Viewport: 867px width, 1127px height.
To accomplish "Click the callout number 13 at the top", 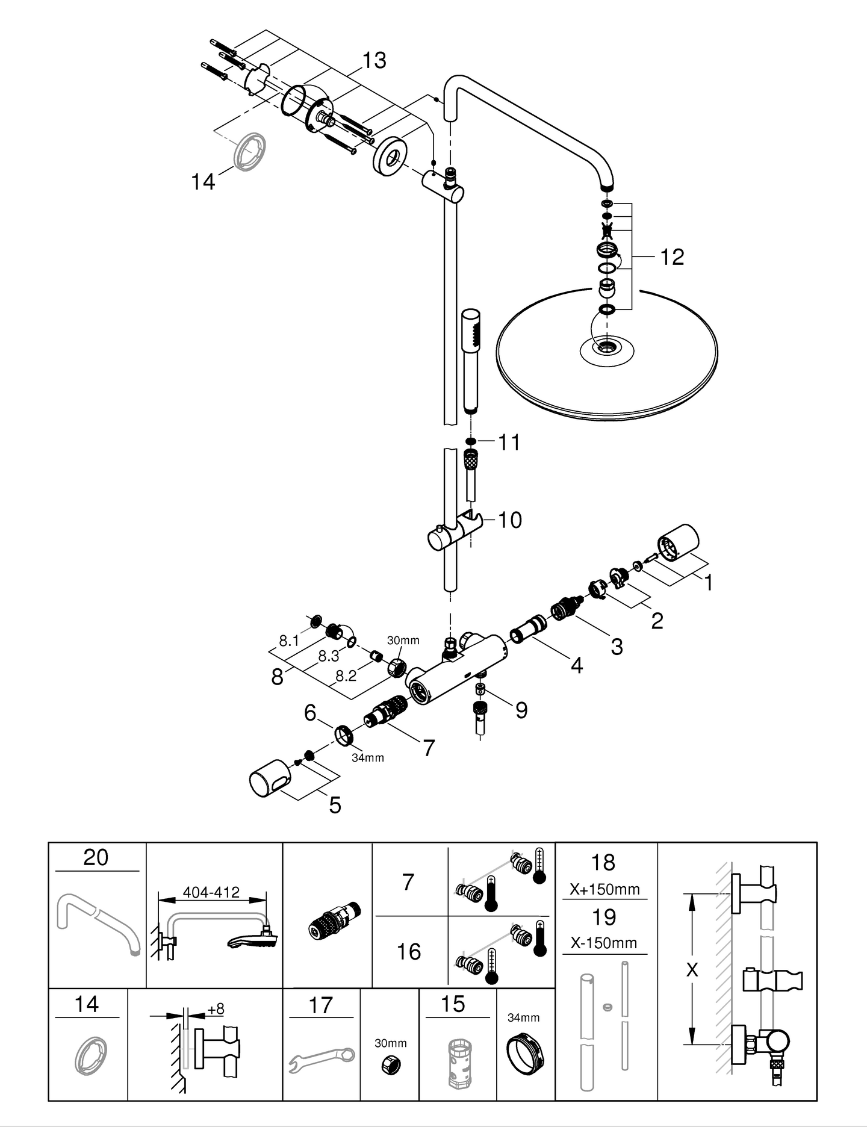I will point(374,60).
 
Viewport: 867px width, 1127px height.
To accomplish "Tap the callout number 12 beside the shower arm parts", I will point(672,257).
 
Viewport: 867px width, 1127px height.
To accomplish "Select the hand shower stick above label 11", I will point(470,361).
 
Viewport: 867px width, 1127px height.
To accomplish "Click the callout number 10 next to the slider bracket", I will point(509,520).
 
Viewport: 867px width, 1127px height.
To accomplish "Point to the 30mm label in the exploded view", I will point(403,640).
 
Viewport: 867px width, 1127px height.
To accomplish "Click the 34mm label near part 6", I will point(367,758).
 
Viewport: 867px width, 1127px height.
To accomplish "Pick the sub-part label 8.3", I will point(328,656).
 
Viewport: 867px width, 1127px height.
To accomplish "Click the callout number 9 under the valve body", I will point(521,710).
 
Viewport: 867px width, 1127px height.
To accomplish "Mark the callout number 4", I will point(576,666).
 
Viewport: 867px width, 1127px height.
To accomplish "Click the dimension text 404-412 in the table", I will point(211,892).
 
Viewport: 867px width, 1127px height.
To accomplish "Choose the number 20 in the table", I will point(96,857).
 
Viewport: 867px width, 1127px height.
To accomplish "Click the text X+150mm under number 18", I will point(604,889).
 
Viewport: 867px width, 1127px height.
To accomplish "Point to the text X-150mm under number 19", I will point(604,943).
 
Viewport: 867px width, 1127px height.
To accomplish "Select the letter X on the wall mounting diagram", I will point(692,970).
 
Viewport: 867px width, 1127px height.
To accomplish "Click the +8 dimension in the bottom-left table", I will point(215,1008).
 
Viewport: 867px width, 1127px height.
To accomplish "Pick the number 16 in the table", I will point(408,952).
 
